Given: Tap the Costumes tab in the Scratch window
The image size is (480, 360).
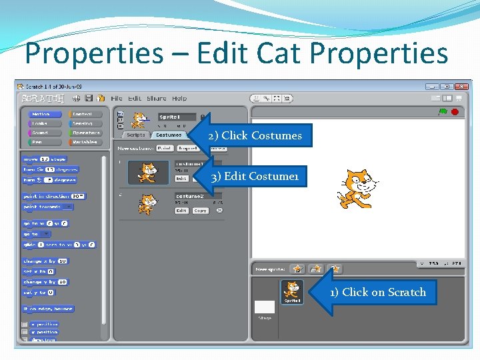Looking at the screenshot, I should click(x=169, y=135).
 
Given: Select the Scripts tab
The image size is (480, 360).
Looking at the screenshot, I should click(x=136, y=135).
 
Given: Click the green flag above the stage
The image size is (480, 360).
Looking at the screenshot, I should click(x=443, y=112).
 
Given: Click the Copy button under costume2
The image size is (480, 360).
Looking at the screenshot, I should click(x=200, y=211).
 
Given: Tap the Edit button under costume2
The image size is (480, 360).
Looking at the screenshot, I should click(x=181, y=211).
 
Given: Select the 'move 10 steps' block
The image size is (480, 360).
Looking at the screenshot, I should click(x=45, y=159).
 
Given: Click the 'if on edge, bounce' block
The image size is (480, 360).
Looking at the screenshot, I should click(x=48, y=309).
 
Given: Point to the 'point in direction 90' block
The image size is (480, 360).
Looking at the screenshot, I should click(x=53, y=197).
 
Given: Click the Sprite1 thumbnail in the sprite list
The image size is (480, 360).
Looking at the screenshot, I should click(x=291, y=291).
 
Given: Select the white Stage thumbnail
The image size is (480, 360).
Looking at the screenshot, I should click(x=265, y=307).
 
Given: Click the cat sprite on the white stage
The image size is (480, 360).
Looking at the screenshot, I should click(x=354, y=187).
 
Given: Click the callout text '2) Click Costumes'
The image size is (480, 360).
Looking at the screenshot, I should click(x=255, y=136).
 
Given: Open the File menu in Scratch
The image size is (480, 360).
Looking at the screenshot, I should click(x=117, y=99).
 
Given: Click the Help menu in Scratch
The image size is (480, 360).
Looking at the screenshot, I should click(x=179, y=99).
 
